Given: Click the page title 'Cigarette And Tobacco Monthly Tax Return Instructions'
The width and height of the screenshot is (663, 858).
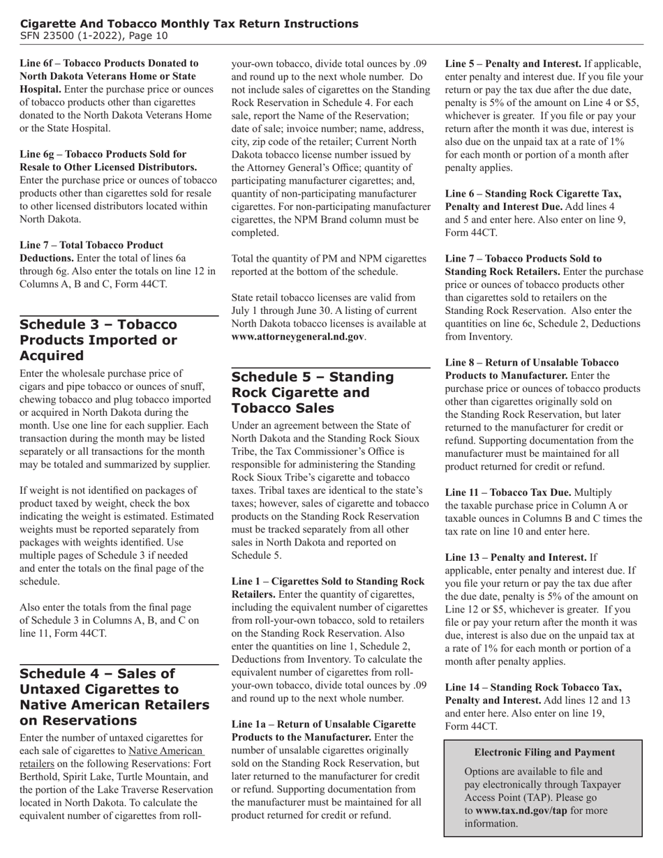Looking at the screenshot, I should [x=189, y=24].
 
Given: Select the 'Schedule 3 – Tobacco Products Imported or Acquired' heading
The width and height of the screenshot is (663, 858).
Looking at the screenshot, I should [x=98, y=340].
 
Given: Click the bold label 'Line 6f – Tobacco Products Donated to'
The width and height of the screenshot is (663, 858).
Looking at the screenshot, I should [x=109, y=63].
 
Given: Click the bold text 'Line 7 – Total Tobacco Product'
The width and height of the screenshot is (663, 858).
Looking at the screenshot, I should [x=91, y=245].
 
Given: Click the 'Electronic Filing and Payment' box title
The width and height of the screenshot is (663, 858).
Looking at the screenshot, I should [x=544, y=752].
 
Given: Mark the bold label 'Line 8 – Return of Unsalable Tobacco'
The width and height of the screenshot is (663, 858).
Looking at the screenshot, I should [x=532, y=363].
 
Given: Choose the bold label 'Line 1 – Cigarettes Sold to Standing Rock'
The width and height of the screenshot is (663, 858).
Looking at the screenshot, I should [x=327, y=581].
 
